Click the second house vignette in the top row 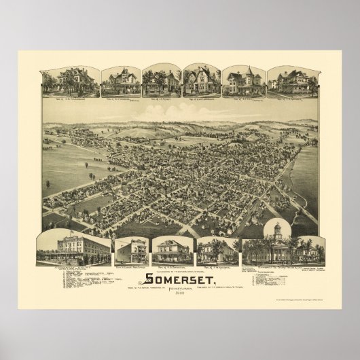pos(120,82)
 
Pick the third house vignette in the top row pos(160,82)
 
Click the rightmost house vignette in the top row pos(291,81)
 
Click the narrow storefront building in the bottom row pos(130,251)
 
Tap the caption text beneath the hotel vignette pos(75,266)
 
